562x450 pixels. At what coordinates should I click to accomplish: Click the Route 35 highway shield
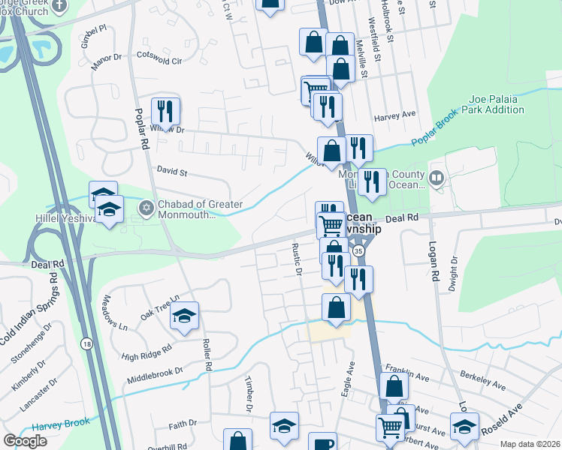[360, 251]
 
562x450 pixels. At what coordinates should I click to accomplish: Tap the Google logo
[25, 440]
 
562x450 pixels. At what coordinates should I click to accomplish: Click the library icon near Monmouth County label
[437, 178]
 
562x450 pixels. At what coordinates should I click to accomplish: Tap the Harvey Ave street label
[394, 116]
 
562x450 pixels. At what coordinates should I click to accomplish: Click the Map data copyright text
[530, 444]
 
